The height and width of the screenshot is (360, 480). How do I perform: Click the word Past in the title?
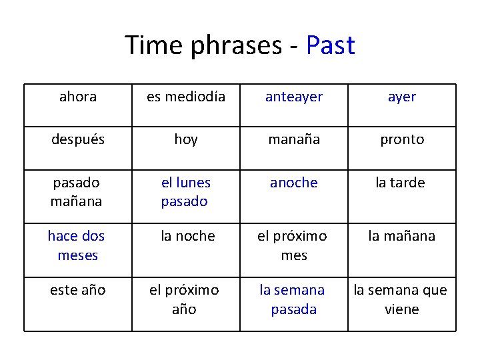click(x=330, y=45)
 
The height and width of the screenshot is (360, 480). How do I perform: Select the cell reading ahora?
click(x=78, y=97)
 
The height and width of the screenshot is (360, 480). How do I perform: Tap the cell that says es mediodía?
click(x=186, y=97)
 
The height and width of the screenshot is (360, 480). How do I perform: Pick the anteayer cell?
click(x=294, y=97)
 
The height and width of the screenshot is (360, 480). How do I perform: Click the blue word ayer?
click(x=402, y=97)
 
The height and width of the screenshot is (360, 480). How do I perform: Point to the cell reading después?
click(x=78, y=139)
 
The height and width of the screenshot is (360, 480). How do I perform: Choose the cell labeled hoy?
click(x=186, y=139)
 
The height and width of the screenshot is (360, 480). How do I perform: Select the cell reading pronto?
click(x=402, y=139)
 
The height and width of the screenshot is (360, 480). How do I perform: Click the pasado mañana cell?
click(x=78, y=191)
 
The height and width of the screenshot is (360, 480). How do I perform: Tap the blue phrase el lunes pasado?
click(x=185, y=191)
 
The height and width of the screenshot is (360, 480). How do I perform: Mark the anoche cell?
click(x=294, y=183)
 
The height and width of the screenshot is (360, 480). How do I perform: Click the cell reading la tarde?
click(x=402, y=183)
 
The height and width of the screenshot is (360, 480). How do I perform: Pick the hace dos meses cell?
click(x=77, y=245)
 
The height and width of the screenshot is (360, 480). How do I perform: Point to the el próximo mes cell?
click(x=294, y=245)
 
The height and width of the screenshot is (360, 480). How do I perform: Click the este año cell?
click(x=78, y=290)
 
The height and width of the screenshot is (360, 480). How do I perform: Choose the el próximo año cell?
click(x=184, y=299)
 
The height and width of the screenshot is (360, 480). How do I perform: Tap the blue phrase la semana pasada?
click(x=293, y=299)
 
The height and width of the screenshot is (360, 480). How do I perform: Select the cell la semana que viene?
click(x=401, y=299)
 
